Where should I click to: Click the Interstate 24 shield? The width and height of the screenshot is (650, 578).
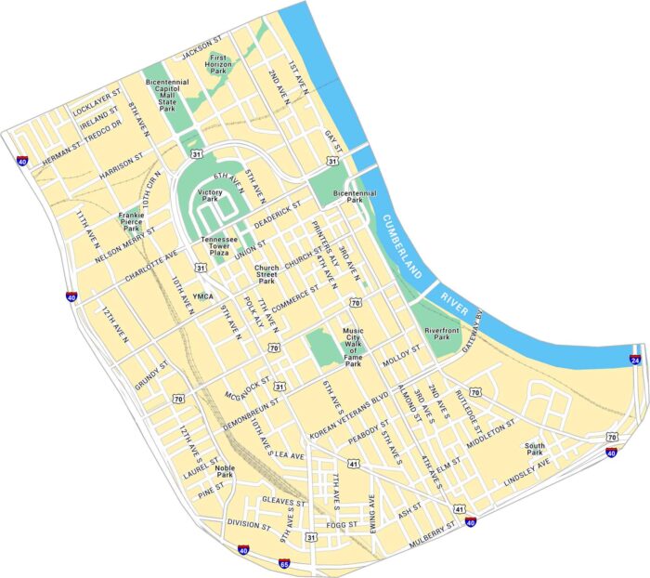click(635, 360)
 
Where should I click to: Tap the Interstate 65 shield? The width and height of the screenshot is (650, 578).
click(284, 562)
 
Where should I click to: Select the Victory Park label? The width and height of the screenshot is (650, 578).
click(210, 195)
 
